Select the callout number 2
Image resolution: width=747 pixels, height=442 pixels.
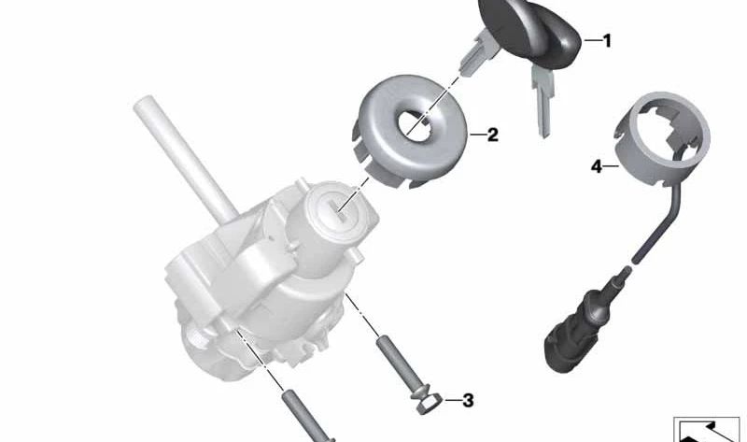493,135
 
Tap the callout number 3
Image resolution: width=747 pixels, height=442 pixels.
468,401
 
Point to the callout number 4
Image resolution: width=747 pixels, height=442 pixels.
595,167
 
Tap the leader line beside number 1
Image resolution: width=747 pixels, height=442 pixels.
590,41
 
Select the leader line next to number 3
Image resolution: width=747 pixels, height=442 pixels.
450,402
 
